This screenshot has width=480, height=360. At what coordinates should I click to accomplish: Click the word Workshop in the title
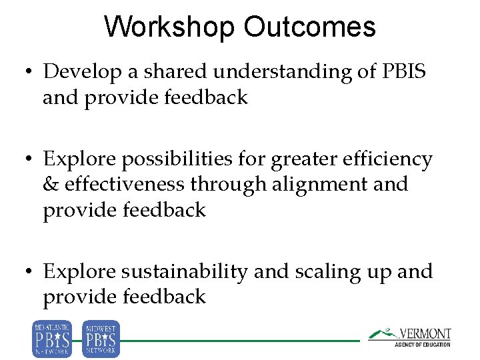click(x=170, y=27)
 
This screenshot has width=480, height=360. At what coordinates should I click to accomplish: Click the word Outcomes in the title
click(x=309, y=27)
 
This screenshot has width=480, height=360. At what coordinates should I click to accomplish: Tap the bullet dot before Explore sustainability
click(x=31, y=272)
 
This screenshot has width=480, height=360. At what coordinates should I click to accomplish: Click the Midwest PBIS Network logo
click(x=101, y=339)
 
